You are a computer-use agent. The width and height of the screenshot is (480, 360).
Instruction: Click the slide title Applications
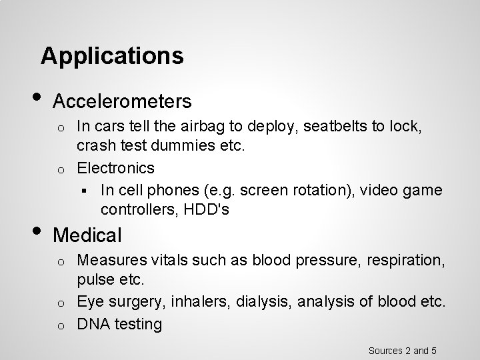[112, 55]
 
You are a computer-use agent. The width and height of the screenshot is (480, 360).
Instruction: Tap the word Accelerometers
[123, 101]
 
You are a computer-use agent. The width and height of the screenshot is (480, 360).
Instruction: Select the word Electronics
[116, 167]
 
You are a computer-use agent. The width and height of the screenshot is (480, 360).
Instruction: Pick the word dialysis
[263, 301]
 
